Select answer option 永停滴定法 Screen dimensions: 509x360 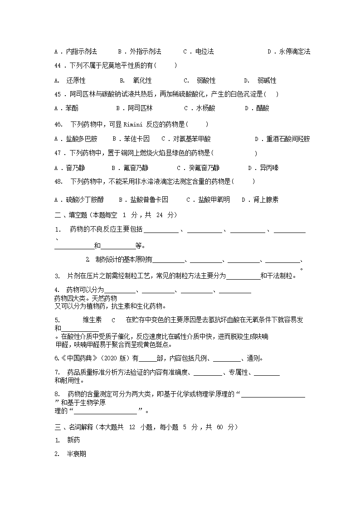pos(295,52)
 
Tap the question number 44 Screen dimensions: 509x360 pos(57,66)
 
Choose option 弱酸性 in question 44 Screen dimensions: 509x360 pos(206,81)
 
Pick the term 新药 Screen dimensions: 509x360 pos(73,440)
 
